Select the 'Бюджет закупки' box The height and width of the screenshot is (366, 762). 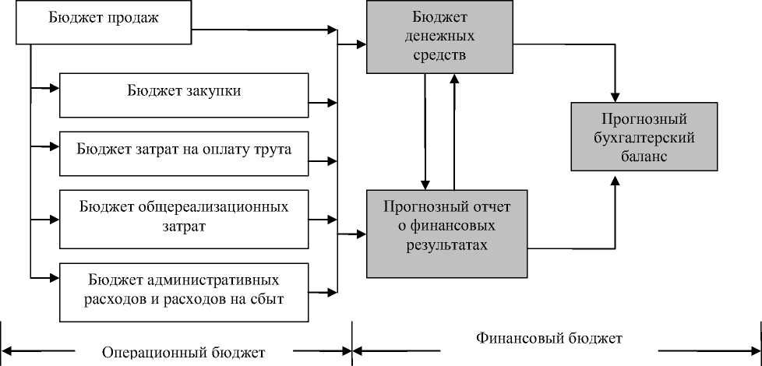point(184,94)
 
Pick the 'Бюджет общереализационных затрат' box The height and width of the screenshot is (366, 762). point(184,216)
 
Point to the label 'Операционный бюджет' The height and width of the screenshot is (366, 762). point(184,352)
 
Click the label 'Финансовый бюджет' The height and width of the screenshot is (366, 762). point(549,339)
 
